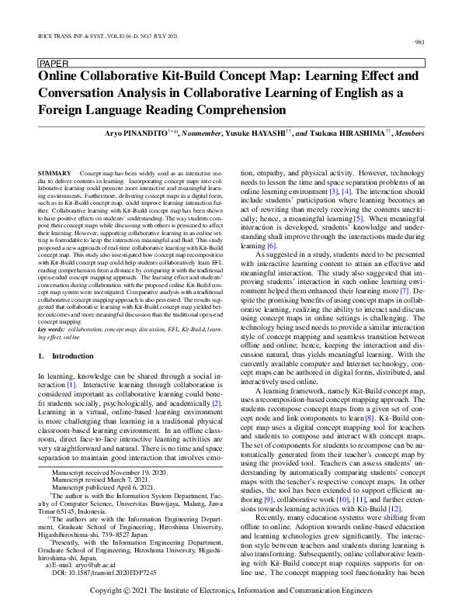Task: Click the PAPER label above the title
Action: point(53,63)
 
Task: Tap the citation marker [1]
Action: point(71,385)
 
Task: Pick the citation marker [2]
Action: point(217,403)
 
